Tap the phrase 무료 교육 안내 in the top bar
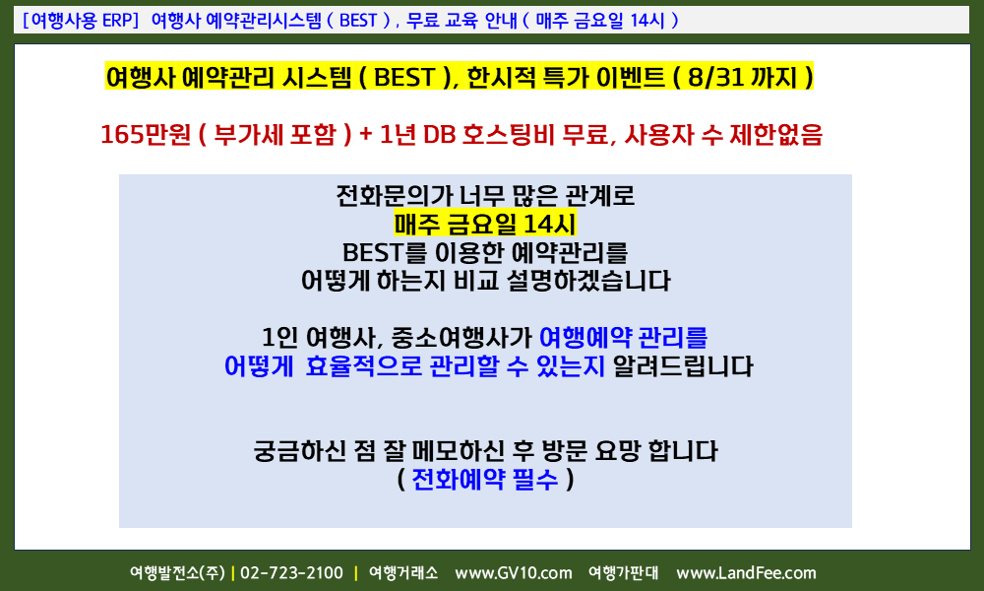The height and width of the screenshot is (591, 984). pyautogui.click(x=461, y=21)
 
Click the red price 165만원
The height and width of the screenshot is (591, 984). pyautogui.click(x=145, y=134)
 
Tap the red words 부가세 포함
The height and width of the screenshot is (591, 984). pyautogui.click(x=275, y=134)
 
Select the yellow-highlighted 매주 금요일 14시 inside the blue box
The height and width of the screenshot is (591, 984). pyautogui.click(x=485, y=225)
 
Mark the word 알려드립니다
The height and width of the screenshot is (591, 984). pyautogui.click(x=682, y=366)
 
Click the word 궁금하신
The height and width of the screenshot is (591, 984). pyautogui.click(x=299, y=451)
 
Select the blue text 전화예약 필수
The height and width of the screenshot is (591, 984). pyautogui.click(x=484, y=480)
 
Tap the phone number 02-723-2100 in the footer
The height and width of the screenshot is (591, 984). pyautogui.click(x=292, y=573)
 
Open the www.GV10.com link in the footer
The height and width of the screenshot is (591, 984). pyautogui.click(x=514, y=573)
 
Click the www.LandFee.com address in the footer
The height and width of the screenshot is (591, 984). pyautogui.click(x=746, y=573)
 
